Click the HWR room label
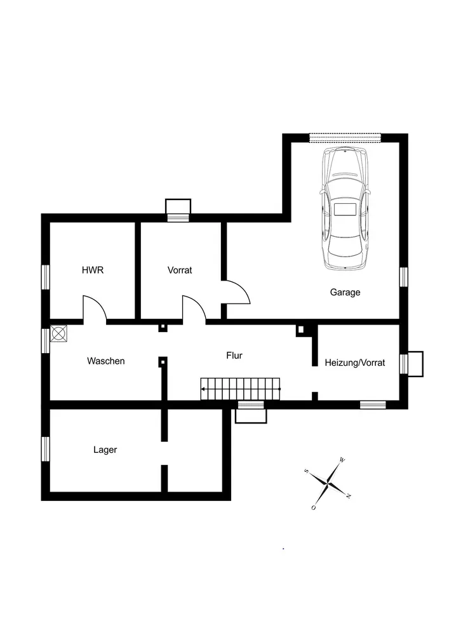pos(92,270)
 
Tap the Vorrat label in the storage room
pos(180,270)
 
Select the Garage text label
pos(345,293)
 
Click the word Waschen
pos(106,361)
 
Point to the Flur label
pos(234,356)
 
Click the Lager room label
pos(105,450)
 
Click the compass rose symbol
pos(327,483)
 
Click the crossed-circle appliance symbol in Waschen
pos(59,334)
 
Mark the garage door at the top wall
pos(345,137)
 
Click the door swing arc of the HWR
pos(96,307)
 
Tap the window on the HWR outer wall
pos(46,277)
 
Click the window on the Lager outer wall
pos(46,448)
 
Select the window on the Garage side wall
pos(403,277)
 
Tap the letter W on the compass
pos(342,459)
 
